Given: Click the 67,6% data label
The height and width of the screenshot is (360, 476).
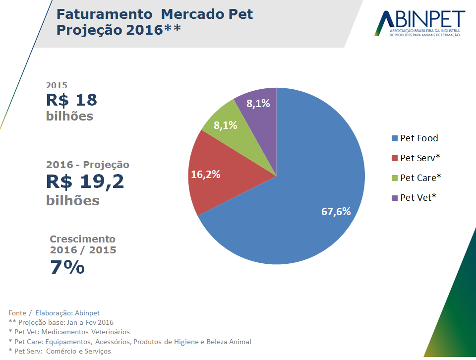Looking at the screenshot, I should [x=336, y=212].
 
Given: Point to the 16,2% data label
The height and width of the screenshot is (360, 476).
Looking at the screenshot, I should [x=206, y=175].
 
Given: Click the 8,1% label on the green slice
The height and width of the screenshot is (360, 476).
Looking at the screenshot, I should [x=226, y=125].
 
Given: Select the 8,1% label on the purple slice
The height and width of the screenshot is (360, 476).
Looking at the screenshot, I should [x=258, y=104].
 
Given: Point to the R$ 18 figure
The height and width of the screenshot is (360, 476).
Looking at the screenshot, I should [x=71, y=100].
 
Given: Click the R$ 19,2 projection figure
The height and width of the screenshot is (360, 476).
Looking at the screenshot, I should [x=85, y=181].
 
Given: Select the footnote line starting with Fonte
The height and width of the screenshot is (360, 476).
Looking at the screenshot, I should [x=54, y=313].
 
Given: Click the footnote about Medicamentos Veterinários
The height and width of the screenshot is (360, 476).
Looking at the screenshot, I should [x=69, y=332].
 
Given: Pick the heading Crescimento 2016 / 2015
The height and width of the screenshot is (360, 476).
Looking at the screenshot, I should [x=83, y=244].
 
